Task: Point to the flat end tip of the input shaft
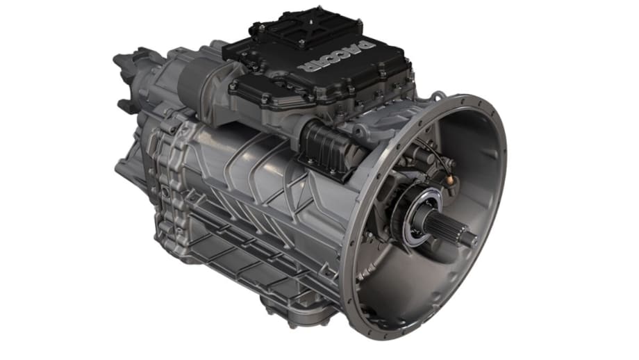tap(472, 239)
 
